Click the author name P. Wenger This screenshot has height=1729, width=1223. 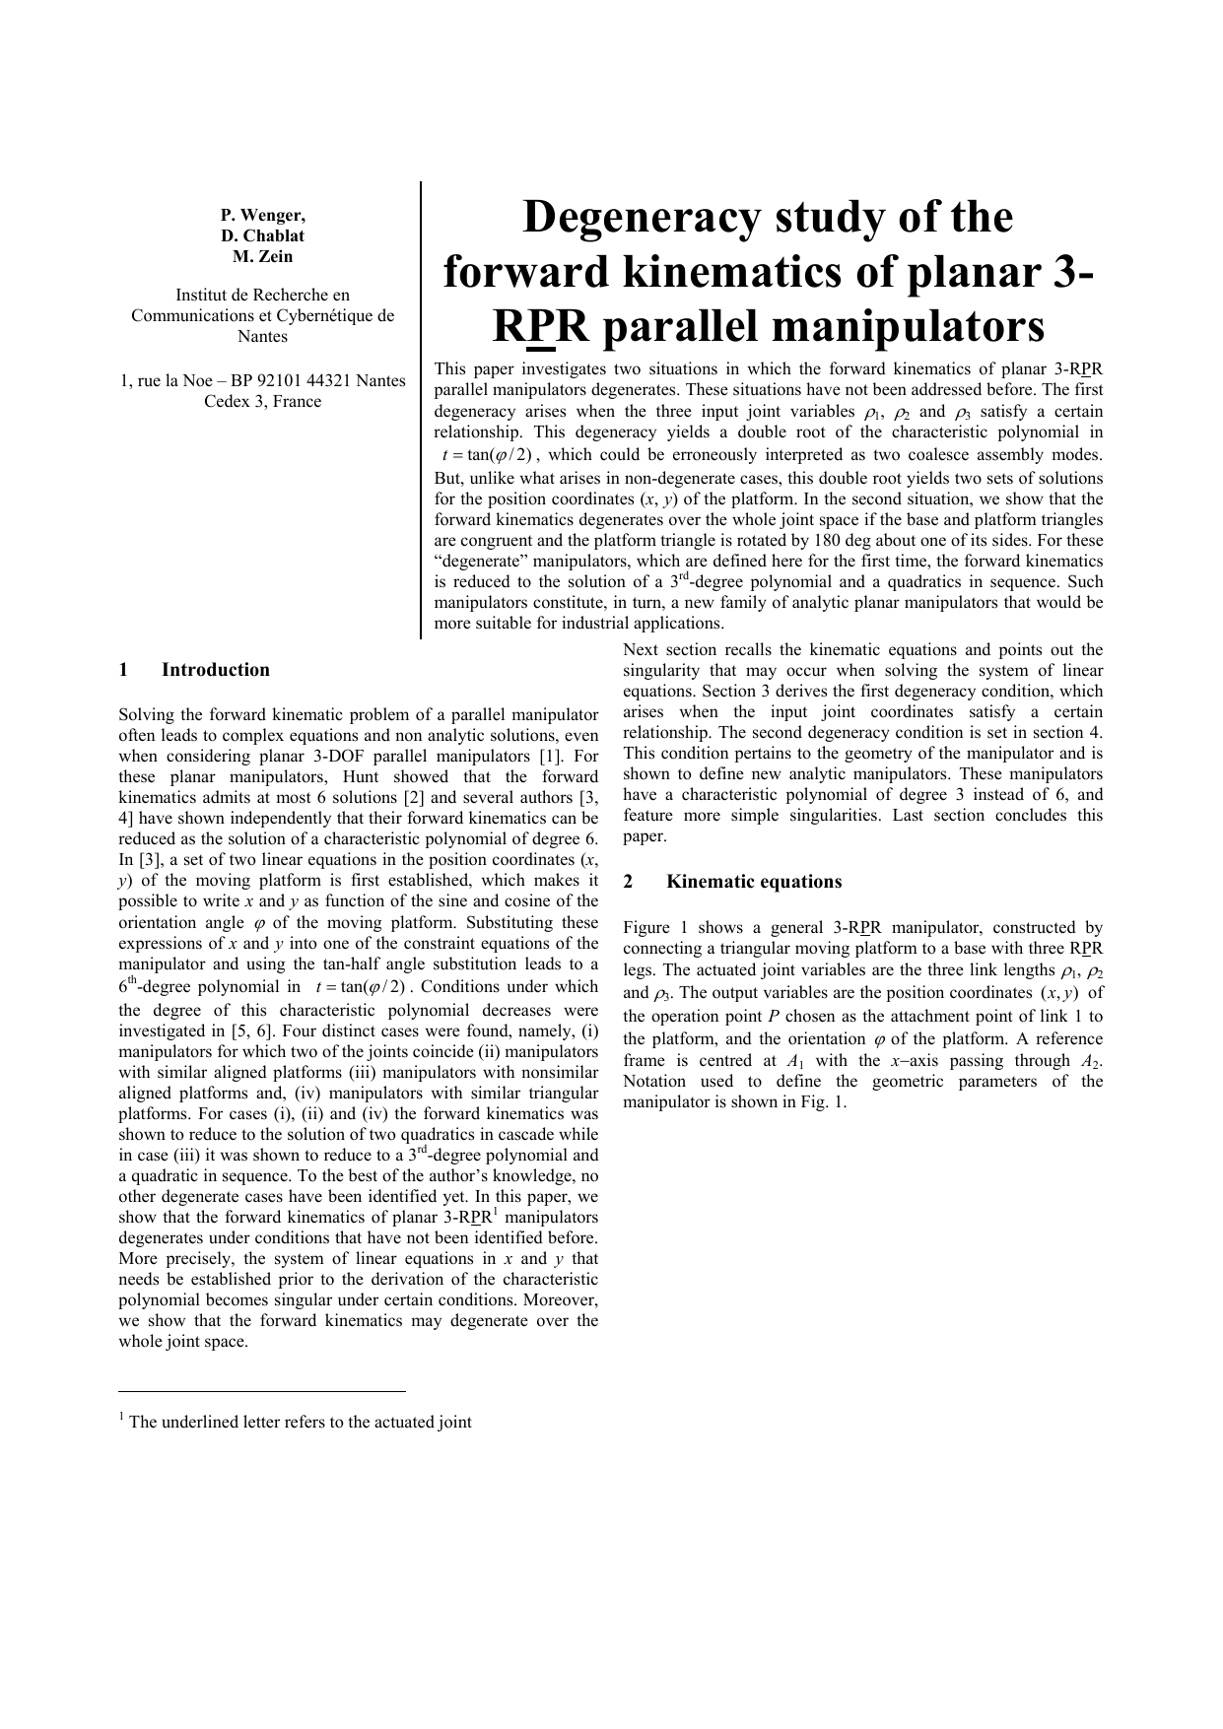(262, 215)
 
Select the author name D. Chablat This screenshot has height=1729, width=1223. (262, 235)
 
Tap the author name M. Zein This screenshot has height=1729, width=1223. (262, 256)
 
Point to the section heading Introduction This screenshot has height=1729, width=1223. (215, 670)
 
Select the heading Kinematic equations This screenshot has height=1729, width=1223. (754, 882)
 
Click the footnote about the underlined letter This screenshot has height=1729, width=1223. (296, 1422)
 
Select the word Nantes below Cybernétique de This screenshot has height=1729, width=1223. (262, 336)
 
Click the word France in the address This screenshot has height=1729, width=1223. (297, 401)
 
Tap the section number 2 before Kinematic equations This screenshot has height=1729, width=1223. (628, 882)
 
